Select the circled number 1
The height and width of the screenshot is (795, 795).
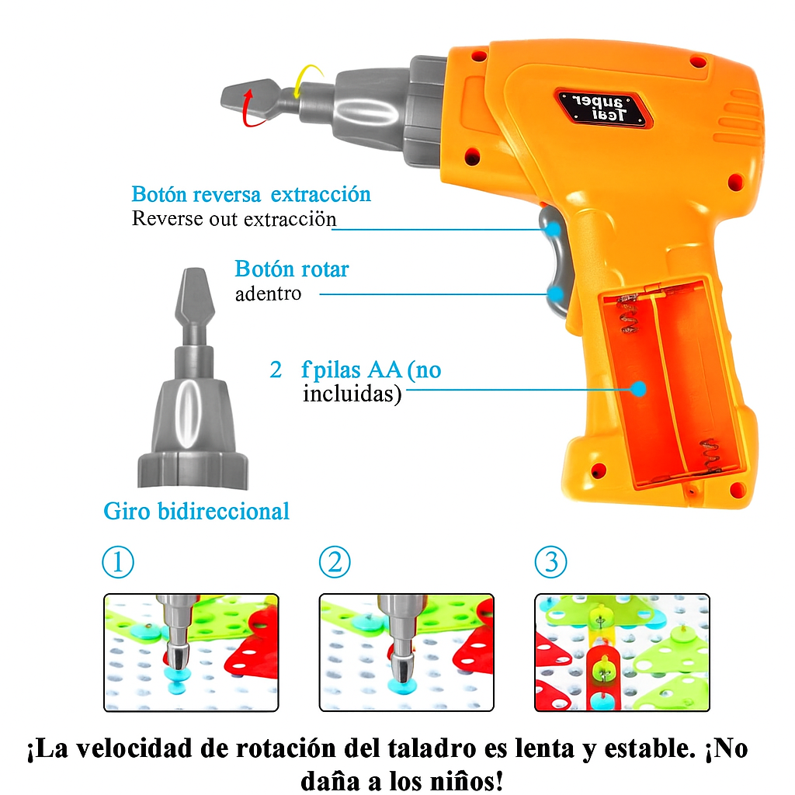(x=118, y=562)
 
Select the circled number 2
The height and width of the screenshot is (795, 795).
(x=335, y=562)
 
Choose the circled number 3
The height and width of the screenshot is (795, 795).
(x=551, y=562)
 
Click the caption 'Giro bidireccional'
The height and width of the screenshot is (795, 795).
(x=196, y=512)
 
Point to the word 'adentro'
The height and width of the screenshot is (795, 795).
(x=268, y=294)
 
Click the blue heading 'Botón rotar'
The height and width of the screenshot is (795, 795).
(x=292, y=269)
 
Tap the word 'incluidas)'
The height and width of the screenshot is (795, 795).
(x=352, y=394)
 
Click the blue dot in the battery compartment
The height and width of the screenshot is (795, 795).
(x=638, y=388)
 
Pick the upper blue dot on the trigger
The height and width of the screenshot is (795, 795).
(x=553, y=229)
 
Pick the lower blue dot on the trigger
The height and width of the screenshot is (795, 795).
(x=556, y=293)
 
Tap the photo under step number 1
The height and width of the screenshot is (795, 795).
(x=191, y=652)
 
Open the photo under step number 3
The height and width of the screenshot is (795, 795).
(x=622, y=652)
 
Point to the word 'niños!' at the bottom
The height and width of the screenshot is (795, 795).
(x=454, y=779)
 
